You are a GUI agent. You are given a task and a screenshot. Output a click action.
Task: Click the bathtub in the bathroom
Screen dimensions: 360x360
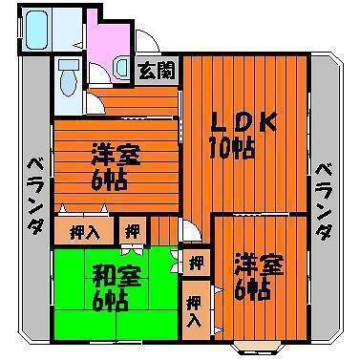coord(37,30)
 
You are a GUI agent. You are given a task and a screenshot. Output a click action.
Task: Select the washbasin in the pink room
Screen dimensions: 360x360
coord(121,67)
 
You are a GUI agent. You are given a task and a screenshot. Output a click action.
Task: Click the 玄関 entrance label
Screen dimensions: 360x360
coord(157,71)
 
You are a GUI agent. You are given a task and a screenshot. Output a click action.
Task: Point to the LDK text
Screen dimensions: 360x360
coord(244,122)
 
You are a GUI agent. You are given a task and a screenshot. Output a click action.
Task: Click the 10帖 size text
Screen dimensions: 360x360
coord(232,148)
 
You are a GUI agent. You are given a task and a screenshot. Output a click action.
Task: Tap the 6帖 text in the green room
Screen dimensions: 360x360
coord(110,301)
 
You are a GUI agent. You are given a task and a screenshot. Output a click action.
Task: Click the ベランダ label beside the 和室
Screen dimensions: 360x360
coord(34,197)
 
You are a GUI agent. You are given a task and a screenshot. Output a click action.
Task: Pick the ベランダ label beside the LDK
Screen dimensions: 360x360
coord(324,201)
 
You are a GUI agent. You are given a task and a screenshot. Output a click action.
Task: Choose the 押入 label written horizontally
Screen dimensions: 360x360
coord(85,232)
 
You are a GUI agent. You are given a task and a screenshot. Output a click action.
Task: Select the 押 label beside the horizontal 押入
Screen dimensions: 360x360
coord(133,231)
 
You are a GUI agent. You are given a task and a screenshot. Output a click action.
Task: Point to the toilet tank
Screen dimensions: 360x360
coord(67,65)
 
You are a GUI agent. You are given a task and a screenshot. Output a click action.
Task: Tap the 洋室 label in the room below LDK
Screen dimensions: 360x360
coord(259,265)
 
